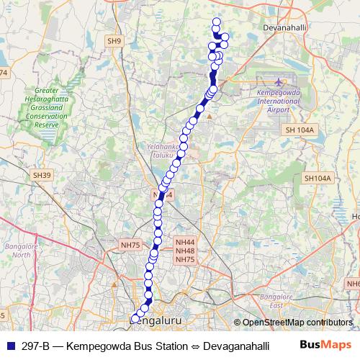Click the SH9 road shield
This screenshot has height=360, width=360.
coord(114,42)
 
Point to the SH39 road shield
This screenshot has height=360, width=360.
coord(42,175)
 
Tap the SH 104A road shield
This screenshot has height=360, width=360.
coord(300,130)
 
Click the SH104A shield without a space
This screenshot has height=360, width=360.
coord(317,178)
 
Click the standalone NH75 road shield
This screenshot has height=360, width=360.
coord(130,246)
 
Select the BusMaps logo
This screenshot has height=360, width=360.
coord(325,346)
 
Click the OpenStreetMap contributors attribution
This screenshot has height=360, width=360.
coord(297,323)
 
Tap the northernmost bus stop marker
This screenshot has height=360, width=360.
coord(216,22)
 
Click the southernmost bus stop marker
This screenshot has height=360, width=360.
coord(135,318)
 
